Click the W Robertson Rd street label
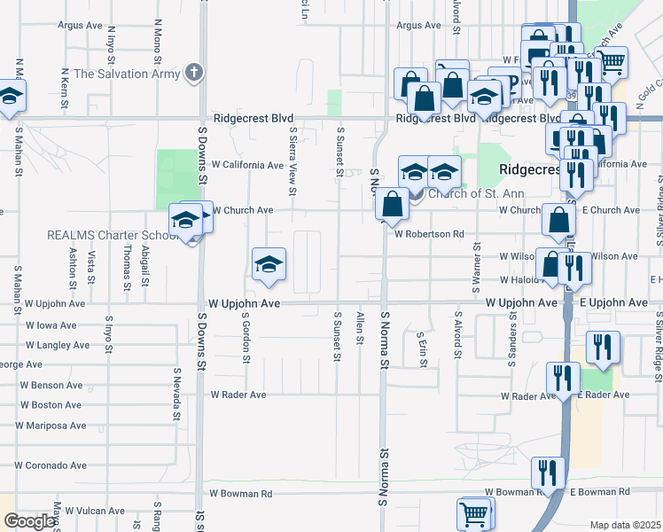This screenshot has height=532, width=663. pos(430,235)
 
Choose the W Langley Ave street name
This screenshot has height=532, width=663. pos(58,345)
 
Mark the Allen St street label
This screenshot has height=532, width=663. pos(360,328)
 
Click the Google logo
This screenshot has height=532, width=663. pos(29,521)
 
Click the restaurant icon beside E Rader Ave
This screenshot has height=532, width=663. pos(562,379)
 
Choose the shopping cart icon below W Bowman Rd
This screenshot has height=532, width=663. pos(474,512)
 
